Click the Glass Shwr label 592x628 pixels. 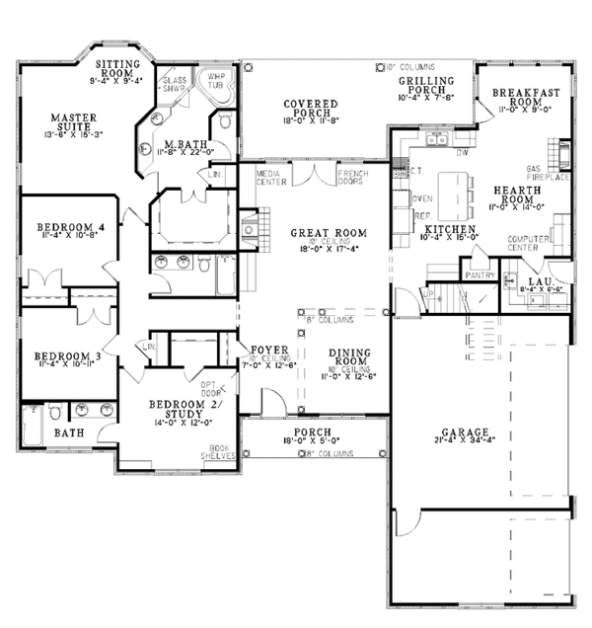tap(175, 84)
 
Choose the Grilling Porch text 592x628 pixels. tap(425, 86)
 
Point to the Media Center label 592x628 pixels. tap(270, 177)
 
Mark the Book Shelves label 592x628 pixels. tap(219, 451)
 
